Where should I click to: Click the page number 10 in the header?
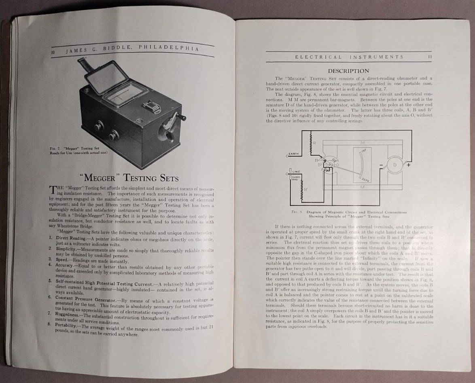pos(53,52)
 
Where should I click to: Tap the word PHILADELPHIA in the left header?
pos(169,47)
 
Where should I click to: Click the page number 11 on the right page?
pos(430,57)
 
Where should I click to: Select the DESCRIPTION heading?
pos(348,71)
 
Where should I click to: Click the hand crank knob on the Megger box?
pos(183,118)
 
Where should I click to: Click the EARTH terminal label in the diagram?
pos(294,154)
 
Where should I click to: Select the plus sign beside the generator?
pos(409,165)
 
